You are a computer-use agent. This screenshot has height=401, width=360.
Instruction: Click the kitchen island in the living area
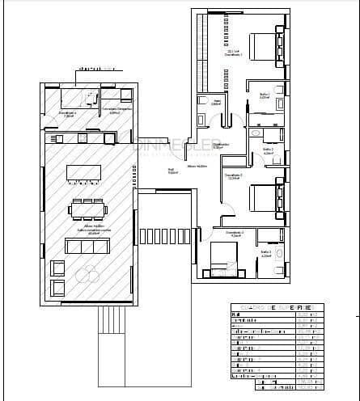click(x=84, y=172)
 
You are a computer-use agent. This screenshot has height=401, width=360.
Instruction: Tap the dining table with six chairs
click(x=87, y=209)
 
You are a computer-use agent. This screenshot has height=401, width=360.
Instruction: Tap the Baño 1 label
click(x=264, y=95)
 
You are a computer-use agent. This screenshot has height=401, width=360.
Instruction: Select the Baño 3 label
click(x=265, y=253)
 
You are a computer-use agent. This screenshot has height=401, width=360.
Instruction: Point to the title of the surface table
click(x=276, y=308)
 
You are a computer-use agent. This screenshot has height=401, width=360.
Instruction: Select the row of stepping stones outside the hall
click(x=165, y=236)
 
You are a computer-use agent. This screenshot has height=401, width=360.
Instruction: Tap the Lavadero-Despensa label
click(x=116, y=110)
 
